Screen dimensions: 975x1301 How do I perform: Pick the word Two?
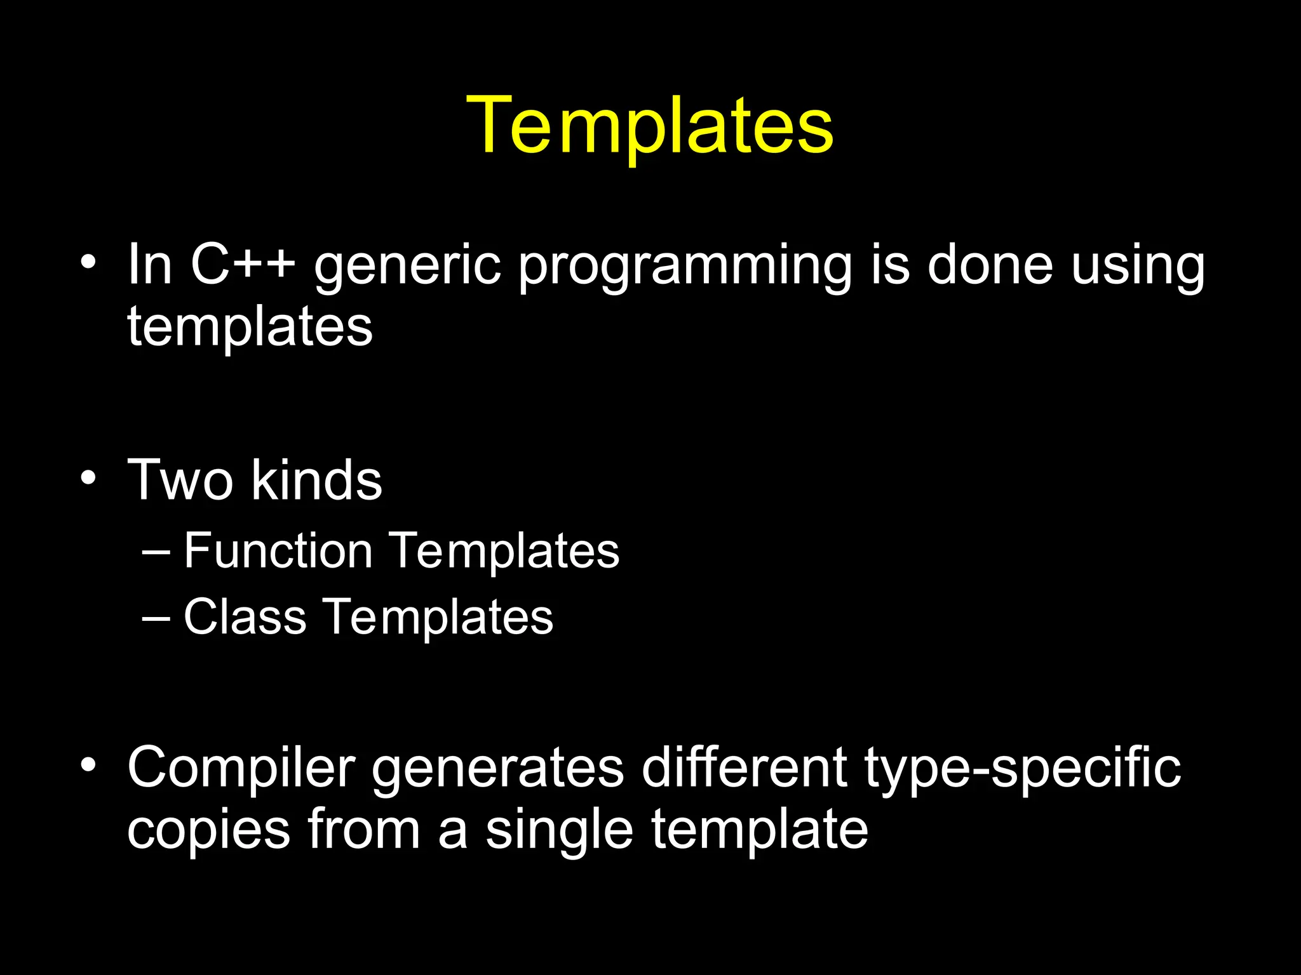tap(180, 481)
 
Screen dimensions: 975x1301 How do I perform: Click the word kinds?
tap(317, 481)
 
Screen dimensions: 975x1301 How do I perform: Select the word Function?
tap(278, 551)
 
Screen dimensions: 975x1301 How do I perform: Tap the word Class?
tap(245, 617)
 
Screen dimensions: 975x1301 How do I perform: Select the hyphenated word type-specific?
tap(1022, 769)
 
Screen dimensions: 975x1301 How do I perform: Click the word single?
tap(559, 832)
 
